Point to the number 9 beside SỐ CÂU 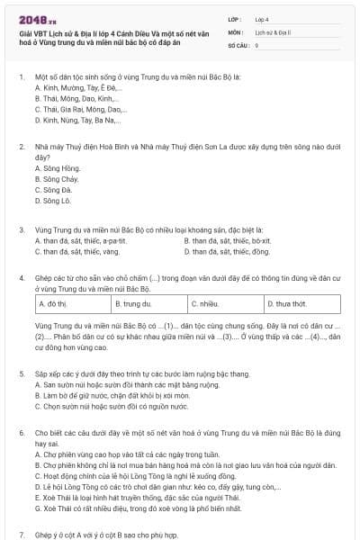(257, 44)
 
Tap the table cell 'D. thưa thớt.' (289, 304)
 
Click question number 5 (21, 373)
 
